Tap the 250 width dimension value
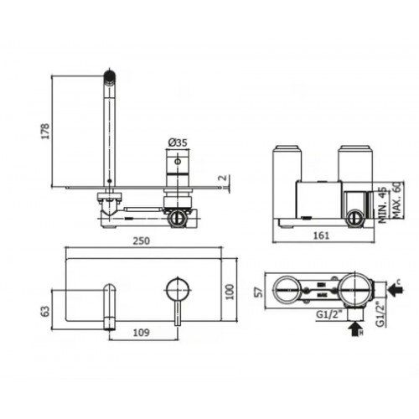[142, 241]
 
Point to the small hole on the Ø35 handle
[177, 159]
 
